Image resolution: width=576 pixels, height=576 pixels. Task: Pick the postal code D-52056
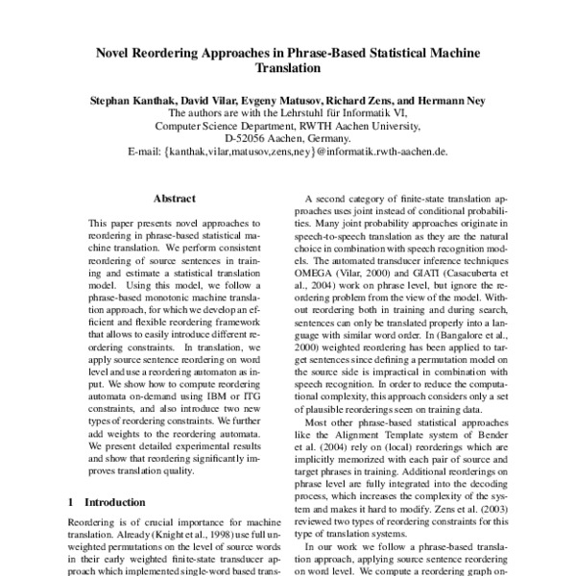pyautogui.click(x=245, y=138)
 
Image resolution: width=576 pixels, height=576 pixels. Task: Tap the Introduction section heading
pyautogui.click(x=119, y=501)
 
